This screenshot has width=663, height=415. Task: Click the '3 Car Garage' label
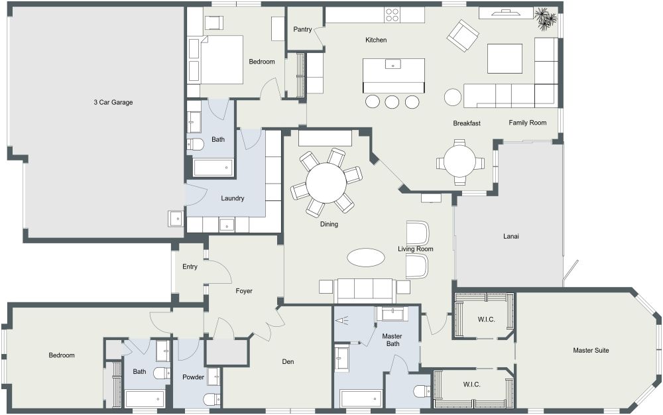pyautogui.click(x=113, y=102)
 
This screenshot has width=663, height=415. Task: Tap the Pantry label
pyautogui.click(x=302, y=29)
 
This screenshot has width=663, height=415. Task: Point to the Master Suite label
pyautogui.click(x=591, y=350)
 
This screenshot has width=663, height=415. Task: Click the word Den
pyautogui.click(x=288, y=361)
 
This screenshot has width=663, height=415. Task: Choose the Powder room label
pyautogui.click(x=193, y=377)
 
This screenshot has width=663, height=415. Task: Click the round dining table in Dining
pyautogui.click(x=326, y=181)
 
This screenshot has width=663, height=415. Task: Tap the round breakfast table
pyautogui.click(x=460, y=160)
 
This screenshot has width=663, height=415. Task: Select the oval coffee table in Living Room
pyautogui.click(x=365, y=257)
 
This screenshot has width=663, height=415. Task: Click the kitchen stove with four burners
pyautogui.click(x=392, y=14)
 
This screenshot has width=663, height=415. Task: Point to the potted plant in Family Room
pyautogui.click(x=546, y=18)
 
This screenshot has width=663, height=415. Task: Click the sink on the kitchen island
pyautogui.click(x=394, y=65)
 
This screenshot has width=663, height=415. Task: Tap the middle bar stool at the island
pyautogui.click(x=392, y=101)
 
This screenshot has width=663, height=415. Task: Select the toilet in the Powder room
pyautogui.click(x=211, y=398)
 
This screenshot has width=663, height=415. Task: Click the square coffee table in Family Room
pyautogui.click(x=505, y=58)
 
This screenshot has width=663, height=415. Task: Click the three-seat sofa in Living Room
pyautogui.click(x=363, y=289)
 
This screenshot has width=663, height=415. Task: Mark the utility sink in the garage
pyautogui.click(x=176, y=218)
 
